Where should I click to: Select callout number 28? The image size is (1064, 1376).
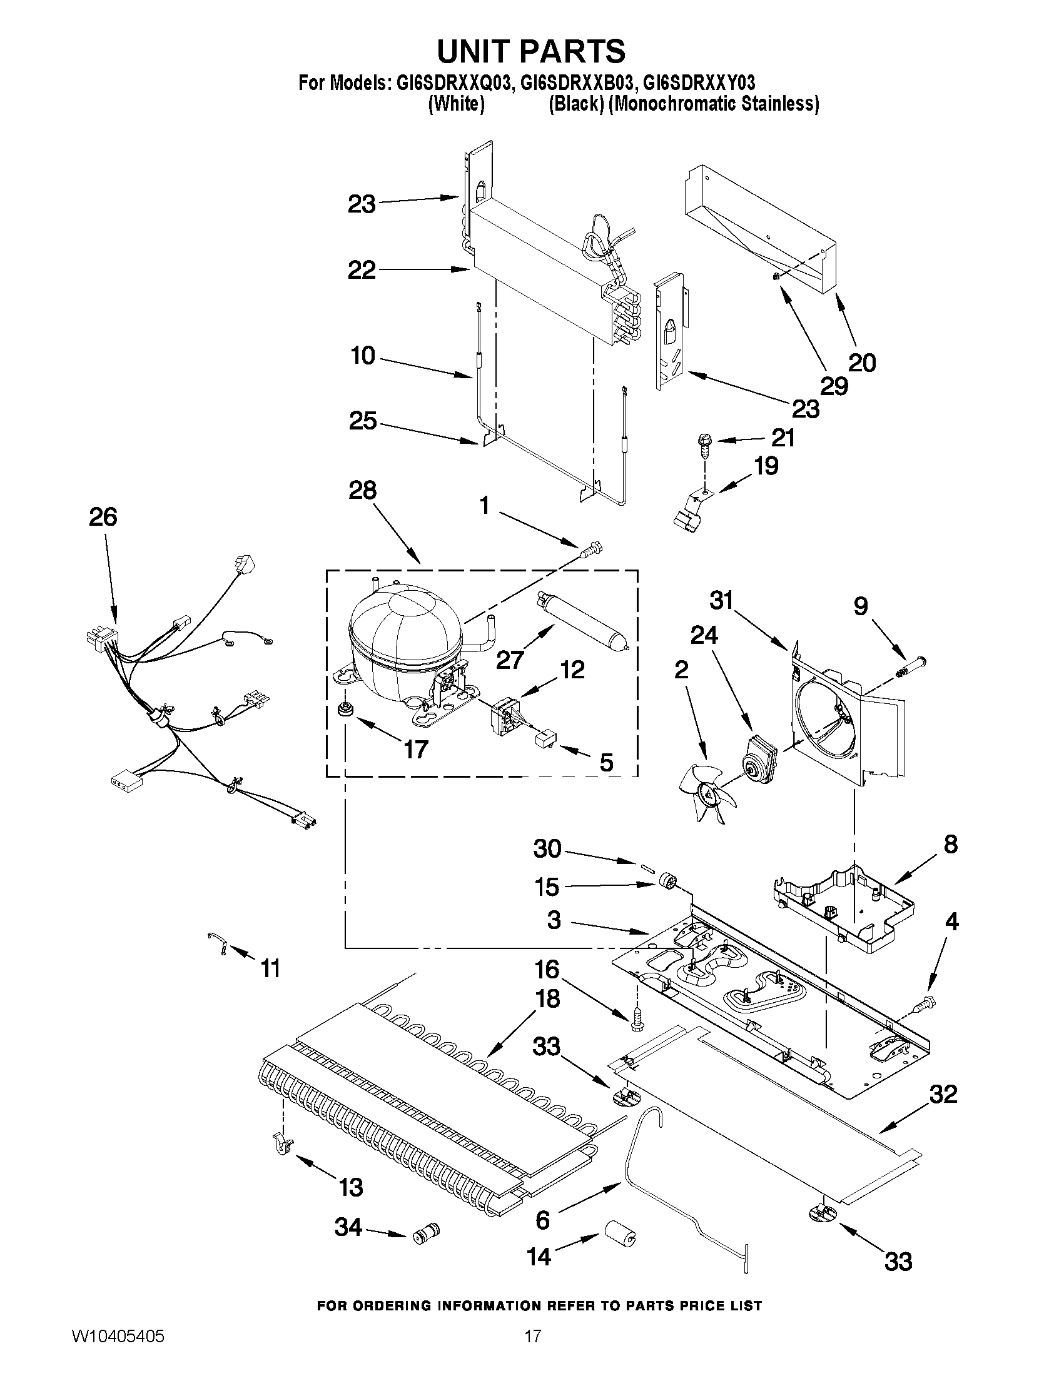pyautogui.click(x=362, y=490)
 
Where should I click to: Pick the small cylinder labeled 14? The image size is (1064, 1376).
pyautogui.click(x=620, y=1232)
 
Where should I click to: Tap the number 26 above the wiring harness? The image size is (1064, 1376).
pyautogui.click(x=103, y=516)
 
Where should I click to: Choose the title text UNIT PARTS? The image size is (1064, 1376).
pyautogui.click(x=531, y=51)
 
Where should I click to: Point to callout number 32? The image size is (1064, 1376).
pyautogui.click(x=943, y=1094)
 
